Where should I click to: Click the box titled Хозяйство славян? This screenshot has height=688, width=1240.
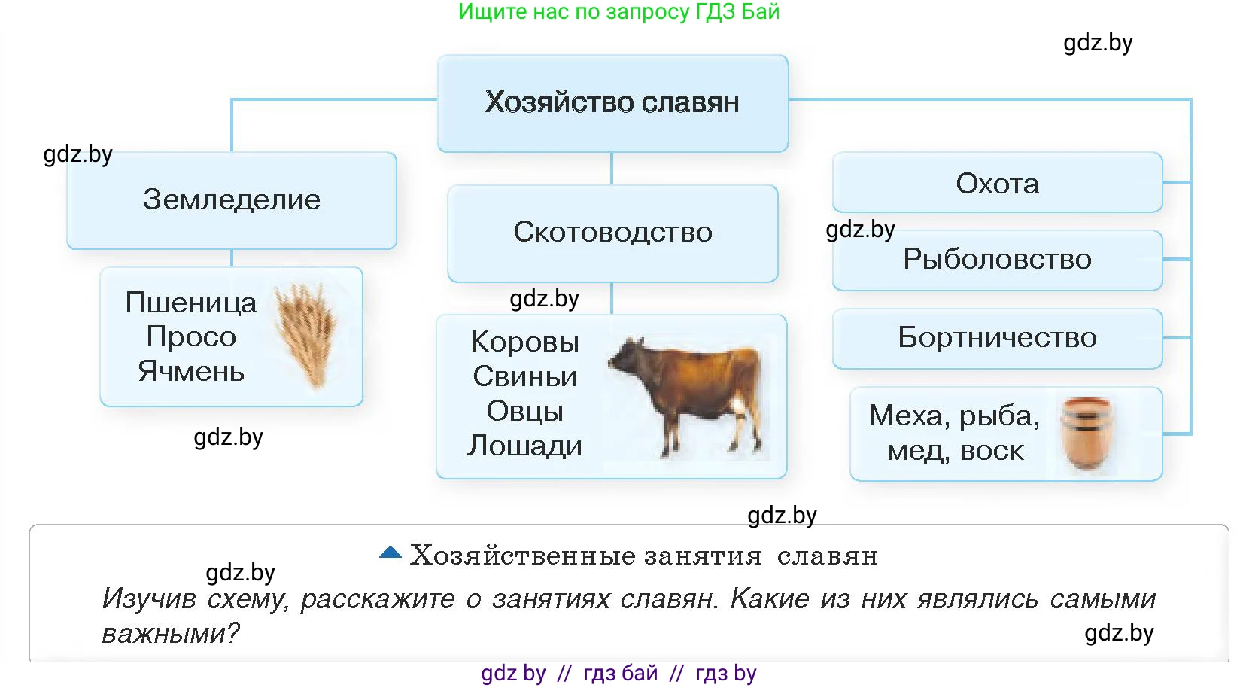pyautogui.click(x=612, y=103)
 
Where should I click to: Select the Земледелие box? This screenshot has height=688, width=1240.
pyautogui.click(x=232, y=200)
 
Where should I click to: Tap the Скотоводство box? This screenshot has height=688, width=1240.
pyautogui.click(x=612, y=233)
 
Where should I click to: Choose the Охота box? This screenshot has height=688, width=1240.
pyautogui.click(x=997, y=184)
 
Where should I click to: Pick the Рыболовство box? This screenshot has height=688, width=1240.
pyautogui.click(x=997, y=260)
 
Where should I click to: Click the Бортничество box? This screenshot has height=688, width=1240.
pyautogui.click(x=997, y=338)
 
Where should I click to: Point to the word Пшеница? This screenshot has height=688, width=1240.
pyautogui.click(x=191, y=303)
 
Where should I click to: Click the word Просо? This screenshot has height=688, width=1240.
pyautogui.click(x=191, y=336)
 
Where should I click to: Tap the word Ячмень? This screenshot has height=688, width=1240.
pyautogui.click(x=191, y=371)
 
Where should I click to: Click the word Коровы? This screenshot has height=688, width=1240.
pyautogui.click(x=524, y=342)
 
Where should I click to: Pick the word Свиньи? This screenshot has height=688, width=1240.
pyautogui.click(x=524, y=376)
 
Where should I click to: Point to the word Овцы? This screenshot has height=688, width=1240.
pyautogui.click(x=524, y=411)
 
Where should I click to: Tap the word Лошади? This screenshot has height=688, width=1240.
pyautogui.click(x=524, y=446)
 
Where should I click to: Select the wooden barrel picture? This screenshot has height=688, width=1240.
pyautogui.click(x=1087, y=434)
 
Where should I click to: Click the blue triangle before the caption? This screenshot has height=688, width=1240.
pyautogui.click(x=391, y=553)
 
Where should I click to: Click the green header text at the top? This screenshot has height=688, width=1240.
pyautogui.click(x=618, y=12)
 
